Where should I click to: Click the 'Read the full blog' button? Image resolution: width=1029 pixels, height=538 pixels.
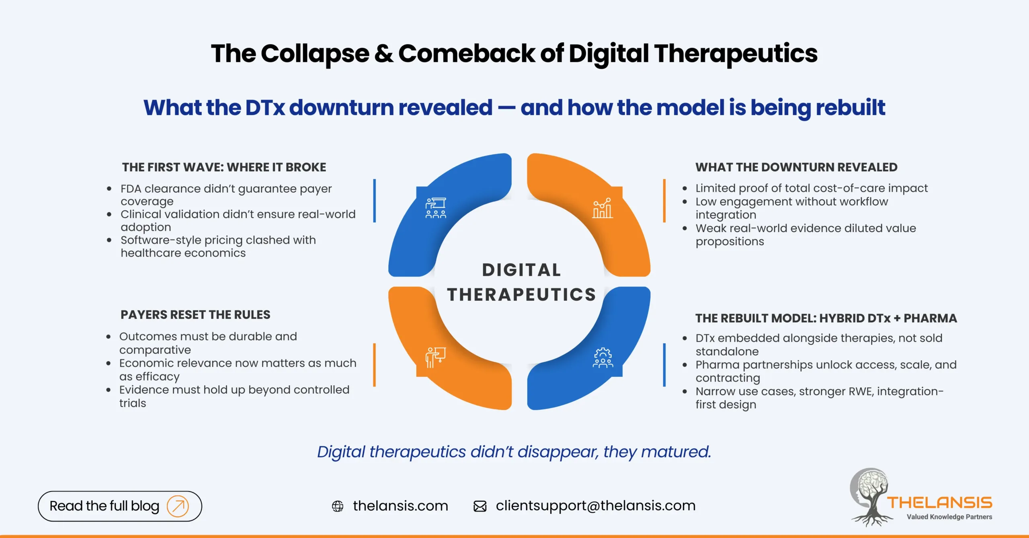pos(119,506)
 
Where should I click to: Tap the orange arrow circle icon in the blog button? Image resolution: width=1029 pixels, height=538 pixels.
pos(178,506)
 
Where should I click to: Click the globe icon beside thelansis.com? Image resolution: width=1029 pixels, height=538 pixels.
pos(338,506)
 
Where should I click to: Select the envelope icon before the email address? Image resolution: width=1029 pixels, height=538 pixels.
pos(480,506)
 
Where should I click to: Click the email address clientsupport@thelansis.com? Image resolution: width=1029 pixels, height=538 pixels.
pos(595,505)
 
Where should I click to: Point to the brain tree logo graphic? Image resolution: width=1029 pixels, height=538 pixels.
pos(870,497)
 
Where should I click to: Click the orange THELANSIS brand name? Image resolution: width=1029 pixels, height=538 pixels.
pos(940,503)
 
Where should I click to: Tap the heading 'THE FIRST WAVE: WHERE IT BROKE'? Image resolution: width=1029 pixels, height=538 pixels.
pos(224,167)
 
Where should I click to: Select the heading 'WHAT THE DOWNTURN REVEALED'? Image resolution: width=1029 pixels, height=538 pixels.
pos(796,167)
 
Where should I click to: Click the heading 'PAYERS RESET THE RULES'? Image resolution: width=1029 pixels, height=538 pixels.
pos(195,314)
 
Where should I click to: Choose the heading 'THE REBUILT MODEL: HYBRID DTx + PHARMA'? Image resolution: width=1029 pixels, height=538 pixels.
pos(826,318)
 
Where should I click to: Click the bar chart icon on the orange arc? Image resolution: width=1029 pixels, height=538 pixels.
pos(603,208)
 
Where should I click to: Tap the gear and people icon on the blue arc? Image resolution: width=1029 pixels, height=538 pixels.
pos(603,358)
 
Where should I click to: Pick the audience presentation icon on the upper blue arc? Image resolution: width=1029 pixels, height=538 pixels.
pos(436,208)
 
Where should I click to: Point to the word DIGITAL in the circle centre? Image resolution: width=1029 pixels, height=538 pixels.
pos(521,270)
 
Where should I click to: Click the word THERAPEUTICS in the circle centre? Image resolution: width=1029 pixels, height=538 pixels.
pos(521,295)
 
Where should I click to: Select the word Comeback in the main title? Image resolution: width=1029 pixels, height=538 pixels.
pos(467,53)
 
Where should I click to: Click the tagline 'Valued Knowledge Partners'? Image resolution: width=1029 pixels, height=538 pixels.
pos(949,517)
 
